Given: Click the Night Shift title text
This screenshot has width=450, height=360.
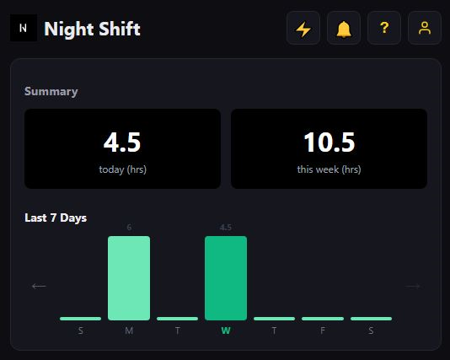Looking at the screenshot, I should tap(92, 30).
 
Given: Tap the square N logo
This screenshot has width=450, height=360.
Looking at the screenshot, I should tap(24, 29).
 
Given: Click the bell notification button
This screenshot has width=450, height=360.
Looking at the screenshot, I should tap(344, 29).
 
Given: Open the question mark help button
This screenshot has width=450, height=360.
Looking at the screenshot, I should tap(384, 29).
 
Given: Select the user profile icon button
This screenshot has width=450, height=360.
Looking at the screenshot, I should tap(425, 29).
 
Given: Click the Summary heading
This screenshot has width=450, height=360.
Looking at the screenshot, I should tap(51, 91).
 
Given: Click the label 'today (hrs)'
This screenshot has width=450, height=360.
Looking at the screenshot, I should tap(122, 169).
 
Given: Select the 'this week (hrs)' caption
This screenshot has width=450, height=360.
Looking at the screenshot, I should tap(329, 169).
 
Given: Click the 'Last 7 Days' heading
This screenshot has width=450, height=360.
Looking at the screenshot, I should tap(56, 218).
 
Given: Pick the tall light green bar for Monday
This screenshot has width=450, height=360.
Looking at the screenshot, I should tap(129, 277).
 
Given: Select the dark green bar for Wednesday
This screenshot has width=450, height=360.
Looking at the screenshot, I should tap(226, 277).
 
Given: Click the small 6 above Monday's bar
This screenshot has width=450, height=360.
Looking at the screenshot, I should tap(129, 228).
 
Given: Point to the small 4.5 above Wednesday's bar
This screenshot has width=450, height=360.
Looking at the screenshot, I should tap(226, 228).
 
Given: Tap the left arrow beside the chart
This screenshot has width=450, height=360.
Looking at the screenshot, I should tap(39, 286).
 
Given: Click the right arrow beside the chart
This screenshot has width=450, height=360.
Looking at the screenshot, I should tap(413, 286).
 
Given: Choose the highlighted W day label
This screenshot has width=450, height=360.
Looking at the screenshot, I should tap(226, 330).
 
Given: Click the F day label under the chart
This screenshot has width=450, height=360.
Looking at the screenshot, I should tap(323, 330).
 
